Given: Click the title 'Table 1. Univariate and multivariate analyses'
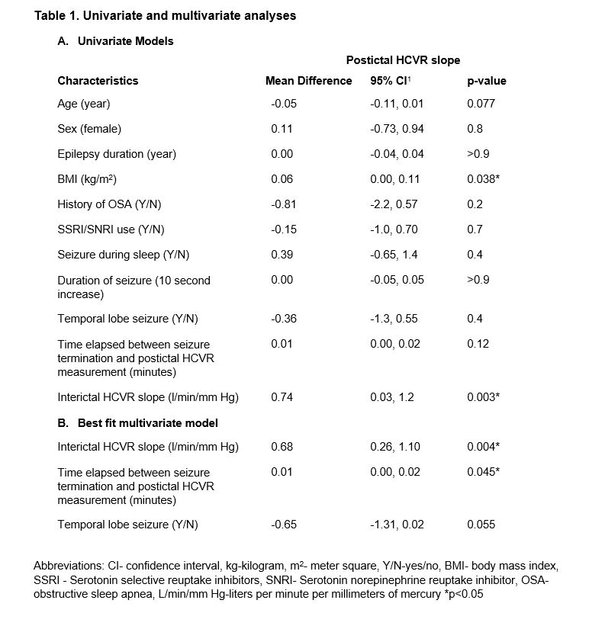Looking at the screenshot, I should point(165,15).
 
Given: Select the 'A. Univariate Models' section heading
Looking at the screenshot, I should point(115,41).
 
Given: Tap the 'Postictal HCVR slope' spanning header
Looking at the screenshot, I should point(403,60).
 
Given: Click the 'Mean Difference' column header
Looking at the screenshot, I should point(308,81).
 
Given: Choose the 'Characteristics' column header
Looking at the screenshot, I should point(98,81).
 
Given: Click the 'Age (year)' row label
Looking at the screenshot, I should point(84,104).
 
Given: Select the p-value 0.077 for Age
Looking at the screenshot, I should point(481,104).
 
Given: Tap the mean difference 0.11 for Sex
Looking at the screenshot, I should point(280,129).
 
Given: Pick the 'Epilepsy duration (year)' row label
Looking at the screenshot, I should point(117,154).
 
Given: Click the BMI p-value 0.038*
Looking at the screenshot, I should point(484,179).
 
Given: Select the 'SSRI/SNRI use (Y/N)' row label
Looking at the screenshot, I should point(111,229).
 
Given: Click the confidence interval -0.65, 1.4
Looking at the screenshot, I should point(396,255).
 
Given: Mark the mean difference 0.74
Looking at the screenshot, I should point(282,397).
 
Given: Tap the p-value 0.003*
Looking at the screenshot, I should point(484,397).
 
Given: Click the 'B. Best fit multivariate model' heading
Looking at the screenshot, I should point(137,422).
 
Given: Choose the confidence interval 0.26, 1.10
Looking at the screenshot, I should point(395,447).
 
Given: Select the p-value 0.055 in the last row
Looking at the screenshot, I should point(481,525).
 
